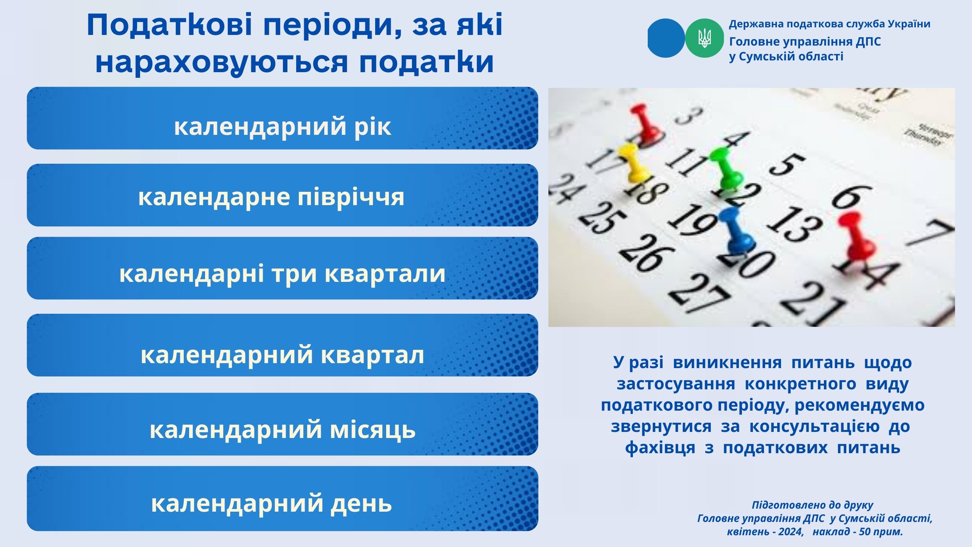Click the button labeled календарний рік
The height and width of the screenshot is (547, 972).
coord(282,118)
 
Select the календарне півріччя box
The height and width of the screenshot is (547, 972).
coord(282,195)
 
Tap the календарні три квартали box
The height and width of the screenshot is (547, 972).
coord(282,268)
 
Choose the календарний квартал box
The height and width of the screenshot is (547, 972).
coord(282,345)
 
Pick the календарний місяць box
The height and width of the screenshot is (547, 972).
coord(282,424)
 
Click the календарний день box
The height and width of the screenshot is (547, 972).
coord(282,498)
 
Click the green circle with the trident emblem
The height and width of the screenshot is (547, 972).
coord(704,38)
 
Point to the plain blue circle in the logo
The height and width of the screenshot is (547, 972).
coord(666,38)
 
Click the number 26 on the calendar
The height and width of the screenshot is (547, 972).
coord(645,253)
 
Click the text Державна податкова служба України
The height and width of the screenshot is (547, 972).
coord(830,24)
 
